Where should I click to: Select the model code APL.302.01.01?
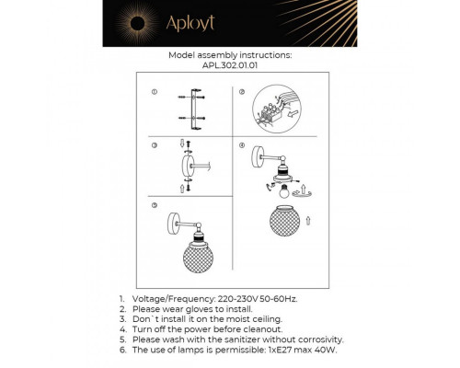(230, 66)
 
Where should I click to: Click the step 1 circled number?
(155, 93)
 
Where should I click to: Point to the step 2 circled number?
(242, 93)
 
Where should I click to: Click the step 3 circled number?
(155, 146)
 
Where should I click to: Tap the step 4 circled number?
(242, 146)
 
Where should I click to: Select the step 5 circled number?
(155, 205)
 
